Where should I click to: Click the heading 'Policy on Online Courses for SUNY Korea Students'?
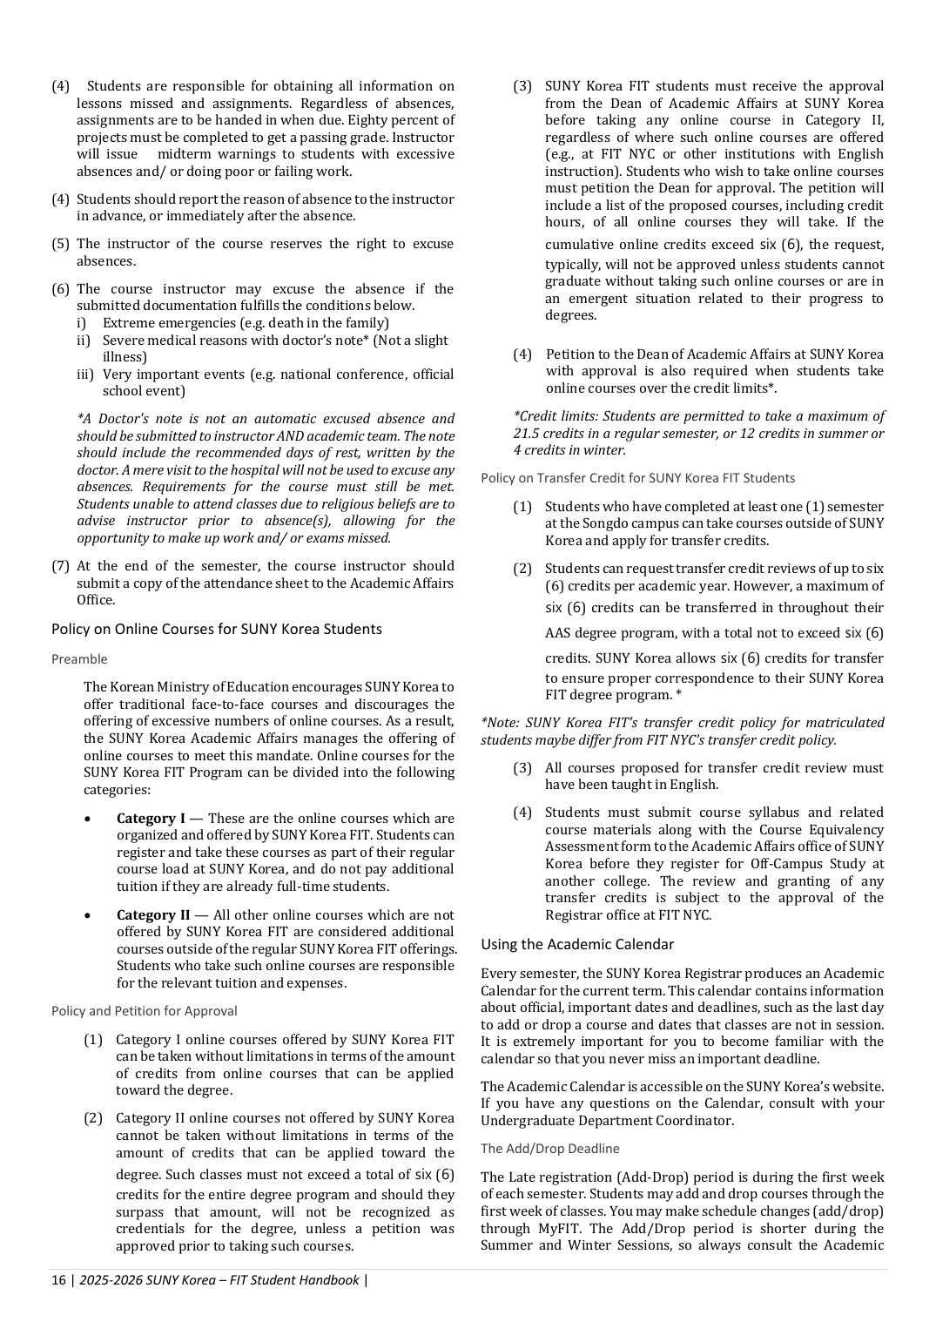coord(216,629)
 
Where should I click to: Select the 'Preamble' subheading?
coord(79,659)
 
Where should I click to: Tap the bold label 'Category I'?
coord(151,819)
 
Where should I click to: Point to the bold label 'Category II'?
coord(153,915)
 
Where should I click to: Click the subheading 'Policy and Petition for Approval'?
coord(144,1011)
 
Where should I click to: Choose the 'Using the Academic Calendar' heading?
coord(577,944)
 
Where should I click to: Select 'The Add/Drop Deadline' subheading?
coord(550,1149)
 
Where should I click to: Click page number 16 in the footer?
coord(58,1280)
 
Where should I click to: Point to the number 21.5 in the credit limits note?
coord(529,434)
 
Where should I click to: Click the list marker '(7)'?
coord(60,566)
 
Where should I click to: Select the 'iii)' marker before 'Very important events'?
coord(85,374)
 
